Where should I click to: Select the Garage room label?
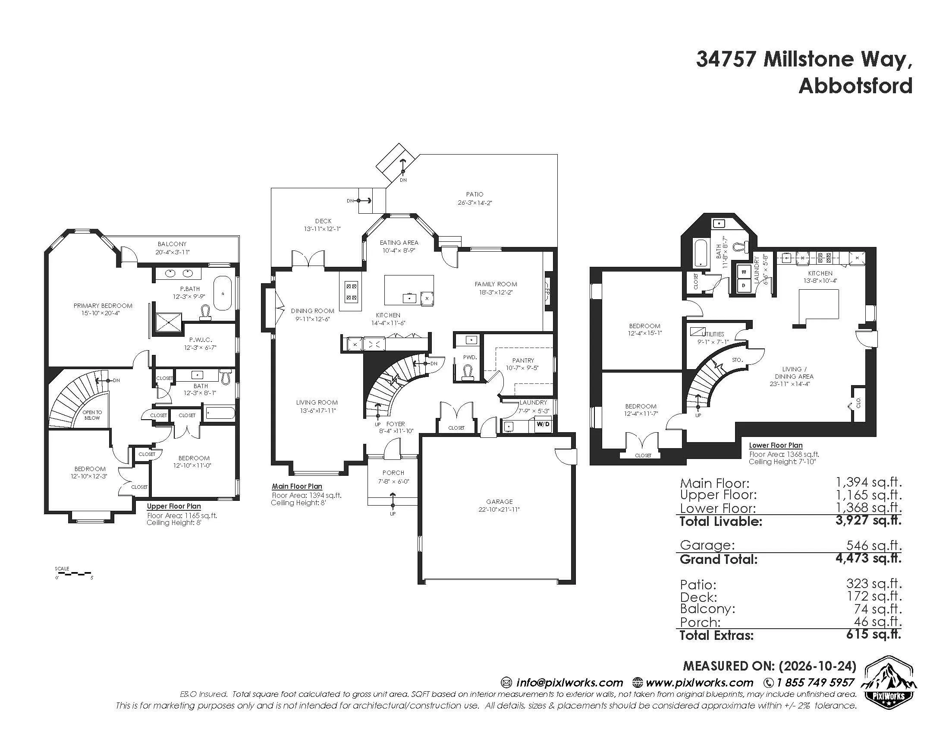pos(499,501)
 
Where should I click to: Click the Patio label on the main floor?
pos(474,194)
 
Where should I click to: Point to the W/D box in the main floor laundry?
pos(543,424)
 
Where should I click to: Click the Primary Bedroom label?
pos(103,306)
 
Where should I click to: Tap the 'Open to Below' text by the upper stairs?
pos(92,415)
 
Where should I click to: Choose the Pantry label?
pos(523,361)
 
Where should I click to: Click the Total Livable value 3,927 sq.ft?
pos(868,520)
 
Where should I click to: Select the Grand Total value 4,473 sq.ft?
pos(868,558)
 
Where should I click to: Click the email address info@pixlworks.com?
pos(569,682)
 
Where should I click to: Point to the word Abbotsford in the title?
pos(855,85)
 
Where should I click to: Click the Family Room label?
pos(496,285)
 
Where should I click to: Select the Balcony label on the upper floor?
pos(172,244)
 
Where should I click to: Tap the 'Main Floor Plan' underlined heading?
pos(297,487)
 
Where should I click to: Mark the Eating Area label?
pos(399,243)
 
